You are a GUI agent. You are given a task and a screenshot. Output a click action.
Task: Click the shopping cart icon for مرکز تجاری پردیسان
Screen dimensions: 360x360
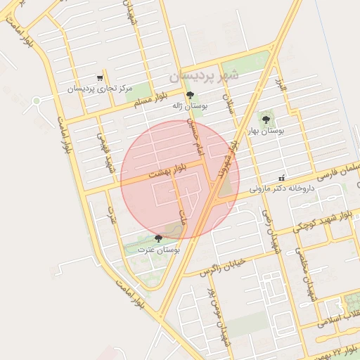[101, 79]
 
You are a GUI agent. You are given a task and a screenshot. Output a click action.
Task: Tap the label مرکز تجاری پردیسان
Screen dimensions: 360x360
[101, 89]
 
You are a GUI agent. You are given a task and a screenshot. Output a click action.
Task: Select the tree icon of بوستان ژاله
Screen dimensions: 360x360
[190, 96]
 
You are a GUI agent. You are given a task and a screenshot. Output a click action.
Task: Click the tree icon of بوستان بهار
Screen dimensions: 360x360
[266, 120]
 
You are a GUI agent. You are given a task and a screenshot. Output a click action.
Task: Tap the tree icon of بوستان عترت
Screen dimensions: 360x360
[157, 239]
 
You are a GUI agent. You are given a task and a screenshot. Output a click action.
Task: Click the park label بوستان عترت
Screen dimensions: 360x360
[159, 250]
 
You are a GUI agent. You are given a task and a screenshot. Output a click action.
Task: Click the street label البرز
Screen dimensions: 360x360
[282, 86]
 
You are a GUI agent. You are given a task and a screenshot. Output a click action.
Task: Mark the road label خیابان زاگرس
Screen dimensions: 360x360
[223, 267]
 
